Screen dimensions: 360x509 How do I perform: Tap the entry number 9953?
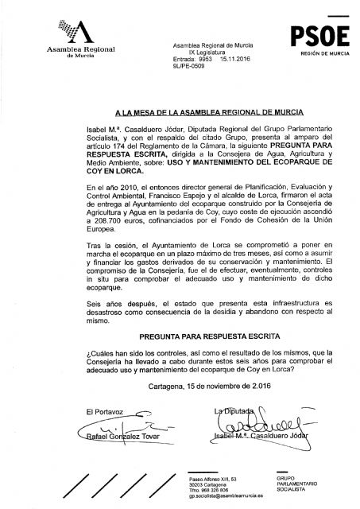[x=207, y=60]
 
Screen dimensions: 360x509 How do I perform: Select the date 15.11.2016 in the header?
[x=236, y=60]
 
